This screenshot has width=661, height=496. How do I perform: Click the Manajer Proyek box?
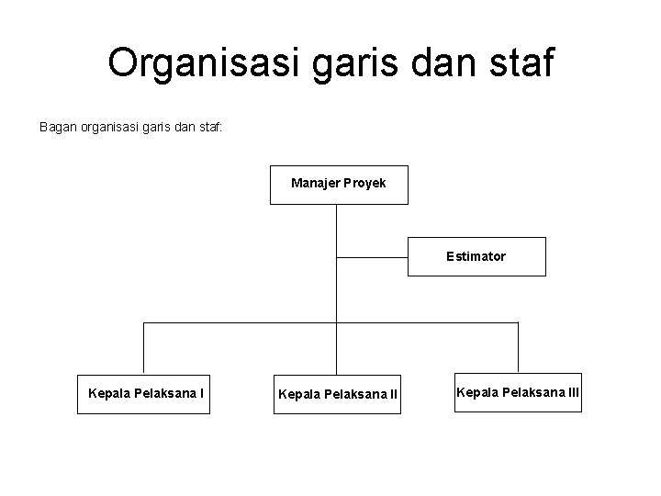[x=339, y=184]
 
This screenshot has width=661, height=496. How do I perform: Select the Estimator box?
[x=476, y=256]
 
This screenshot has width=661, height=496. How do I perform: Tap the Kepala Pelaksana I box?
[x=144, y=394]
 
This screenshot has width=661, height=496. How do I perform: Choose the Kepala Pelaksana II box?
[x=337, y=395]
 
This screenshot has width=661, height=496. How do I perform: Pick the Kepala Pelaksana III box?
[x=518, y=393]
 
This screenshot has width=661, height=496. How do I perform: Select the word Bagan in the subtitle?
[x=57, y=128]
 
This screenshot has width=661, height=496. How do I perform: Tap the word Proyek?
[x=365, y=184]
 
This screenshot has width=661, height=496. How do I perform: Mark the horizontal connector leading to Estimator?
[x=372, y=256]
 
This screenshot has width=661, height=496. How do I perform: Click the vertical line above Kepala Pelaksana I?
[x=144, y=348]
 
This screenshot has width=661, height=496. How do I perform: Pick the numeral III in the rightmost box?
[x=572, y=393]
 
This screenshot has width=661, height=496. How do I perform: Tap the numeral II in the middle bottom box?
[x=393, y=395]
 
